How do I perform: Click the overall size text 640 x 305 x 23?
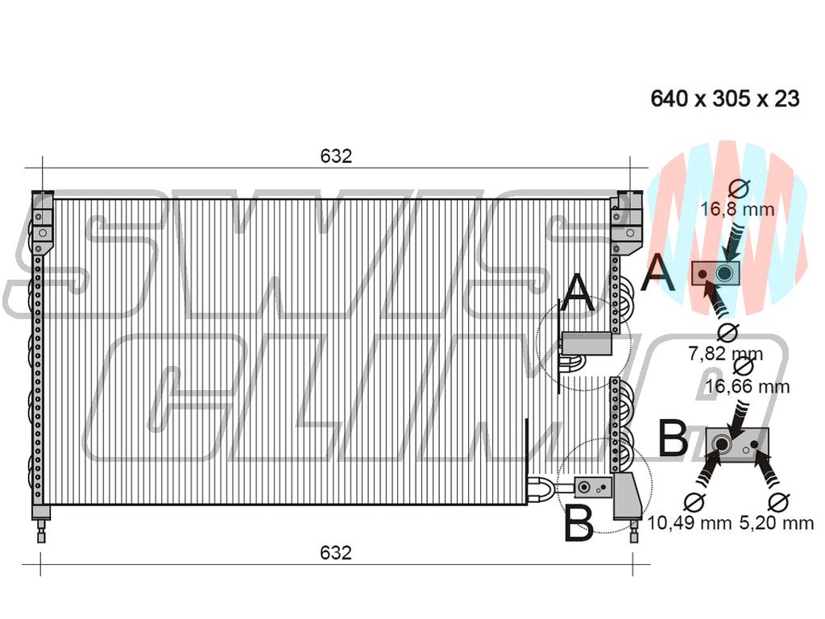tap(725, 98)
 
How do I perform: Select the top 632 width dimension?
tap(336, 156)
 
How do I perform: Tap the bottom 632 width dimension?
tap(336, 553)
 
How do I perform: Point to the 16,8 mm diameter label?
tap(737, 210)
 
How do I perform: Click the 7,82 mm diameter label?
tap(726, 354)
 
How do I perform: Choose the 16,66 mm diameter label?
tap(747, 387)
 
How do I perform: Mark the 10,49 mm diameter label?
tap(690, 522)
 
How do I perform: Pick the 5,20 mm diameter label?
tap(777, 522)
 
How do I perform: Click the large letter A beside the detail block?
tap(657, 272)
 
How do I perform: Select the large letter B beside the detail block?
tap(673, 438)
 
